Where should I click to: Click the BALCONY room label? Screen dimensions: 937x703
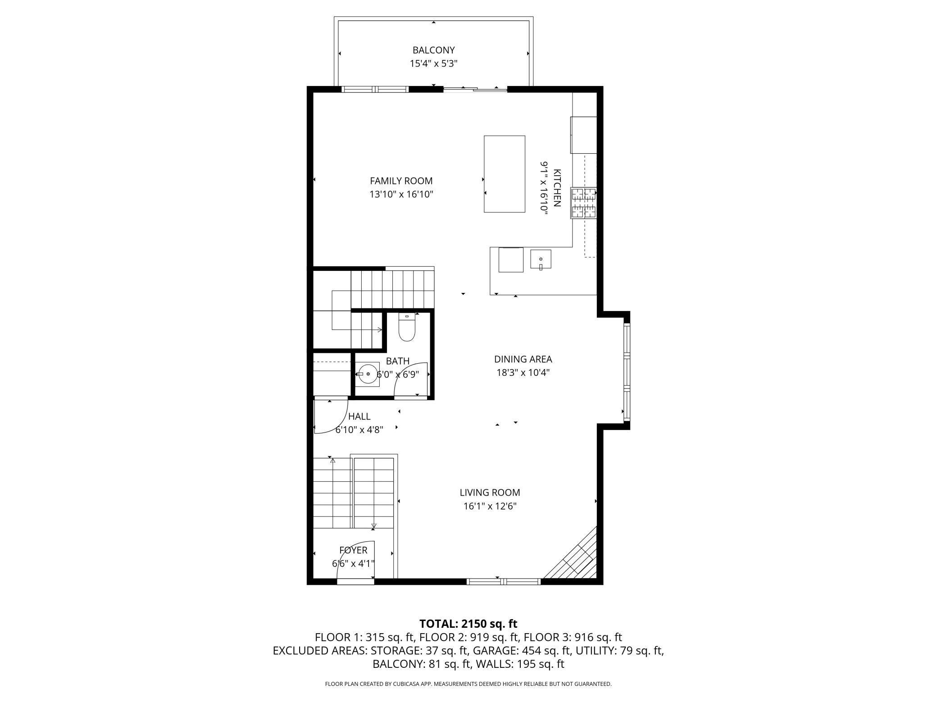(x=433, y=50)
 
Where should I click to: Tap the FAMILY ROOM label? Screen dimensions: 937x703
(x=401, y=181)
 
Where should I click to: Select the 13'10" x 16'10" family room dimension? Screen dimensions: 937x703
(x=401, y=194)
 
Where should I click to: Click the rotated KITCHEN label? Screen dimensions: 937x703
(x=557, y=188)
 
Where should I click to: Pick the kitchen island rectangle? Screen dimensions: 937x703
(x=505, y=173)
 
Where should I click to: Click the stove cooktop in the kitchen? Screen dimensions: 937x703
(x=584, y=203)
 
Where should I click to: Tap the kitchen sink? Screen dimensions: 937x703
(x=541, y=260)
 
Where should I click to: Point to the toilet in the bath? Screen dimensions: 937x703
(x=407, y=327)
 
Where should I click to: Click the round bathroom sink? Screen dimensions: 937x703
(x=368, y=374)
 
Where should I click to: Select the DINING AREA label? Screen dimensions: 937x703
(x=523, y=359)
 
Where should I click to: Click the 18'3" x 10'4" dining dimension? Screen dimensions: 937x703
(x=523, y=373)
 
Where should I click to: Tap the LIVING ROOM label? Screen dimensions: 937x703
(x=490, y=493)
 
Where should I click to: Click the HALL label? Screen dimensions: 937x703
(x=359, y=416)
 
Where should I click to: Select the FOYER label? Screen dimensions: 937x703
(x=353, y=550)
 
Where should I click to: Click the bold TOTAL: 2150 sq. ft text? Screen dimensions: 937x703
(x=468, y=624)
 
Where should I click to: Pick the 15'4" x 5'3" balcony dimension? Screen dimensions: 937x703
(x=433, y=64)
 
